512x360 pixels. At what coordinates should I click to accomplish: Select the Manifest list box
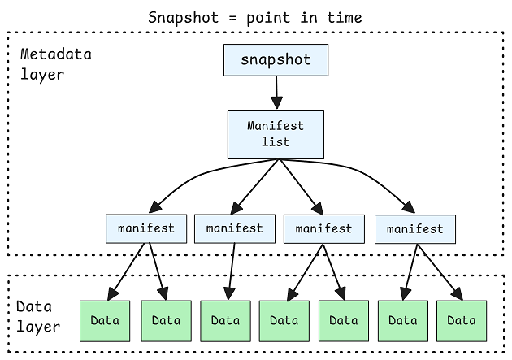[276, 134]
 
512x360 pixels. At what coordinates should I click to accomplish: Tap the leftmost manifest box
[146, 228]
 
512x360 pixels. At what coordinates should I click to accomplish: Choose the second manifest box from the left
[235, 228]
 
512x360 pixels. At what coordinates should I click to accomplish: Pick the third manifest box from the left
[323, 228]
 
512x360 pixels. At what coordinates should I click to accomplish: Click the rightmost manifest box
[414, 229]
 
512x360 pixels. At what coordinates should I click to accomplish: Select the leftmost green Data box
[105, 320]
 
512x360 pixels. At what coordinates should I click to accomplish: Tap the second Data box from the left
[166, 320]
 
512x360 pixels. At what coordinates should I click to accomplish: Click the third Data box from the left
[225, 320]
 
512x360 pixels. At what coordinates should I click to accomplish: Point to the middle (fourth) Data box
[284, 320]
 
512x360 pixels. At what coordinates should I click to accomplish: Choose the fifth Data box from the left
[344, 320]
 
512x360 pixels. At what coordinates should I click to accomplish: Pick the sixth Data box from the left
[403, 320]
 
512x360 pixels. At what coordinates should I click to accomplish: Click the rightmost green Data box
[462, 320]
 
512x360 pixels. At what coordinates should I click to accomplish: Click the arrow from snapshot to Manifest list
[276, 92]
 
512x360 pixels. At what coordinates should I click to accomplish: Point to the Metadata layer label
[55, 63]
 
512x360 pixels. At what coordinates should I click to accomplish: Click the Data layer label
[38, 318]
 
